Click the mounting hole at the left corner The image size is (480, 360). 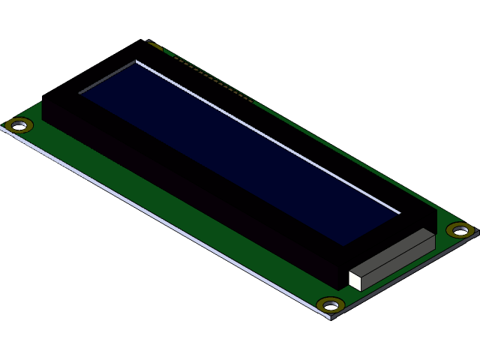(19, 124)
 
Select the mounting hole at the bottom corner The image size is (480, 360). (330, 304)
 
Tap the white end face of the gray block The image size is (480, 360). (355, 280)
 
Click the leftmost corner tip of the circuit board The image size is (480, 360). (2, 127)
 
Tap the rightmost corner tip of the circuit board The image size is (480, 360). (478, 231)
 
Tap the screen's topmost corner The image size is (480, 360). (136, 62)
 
